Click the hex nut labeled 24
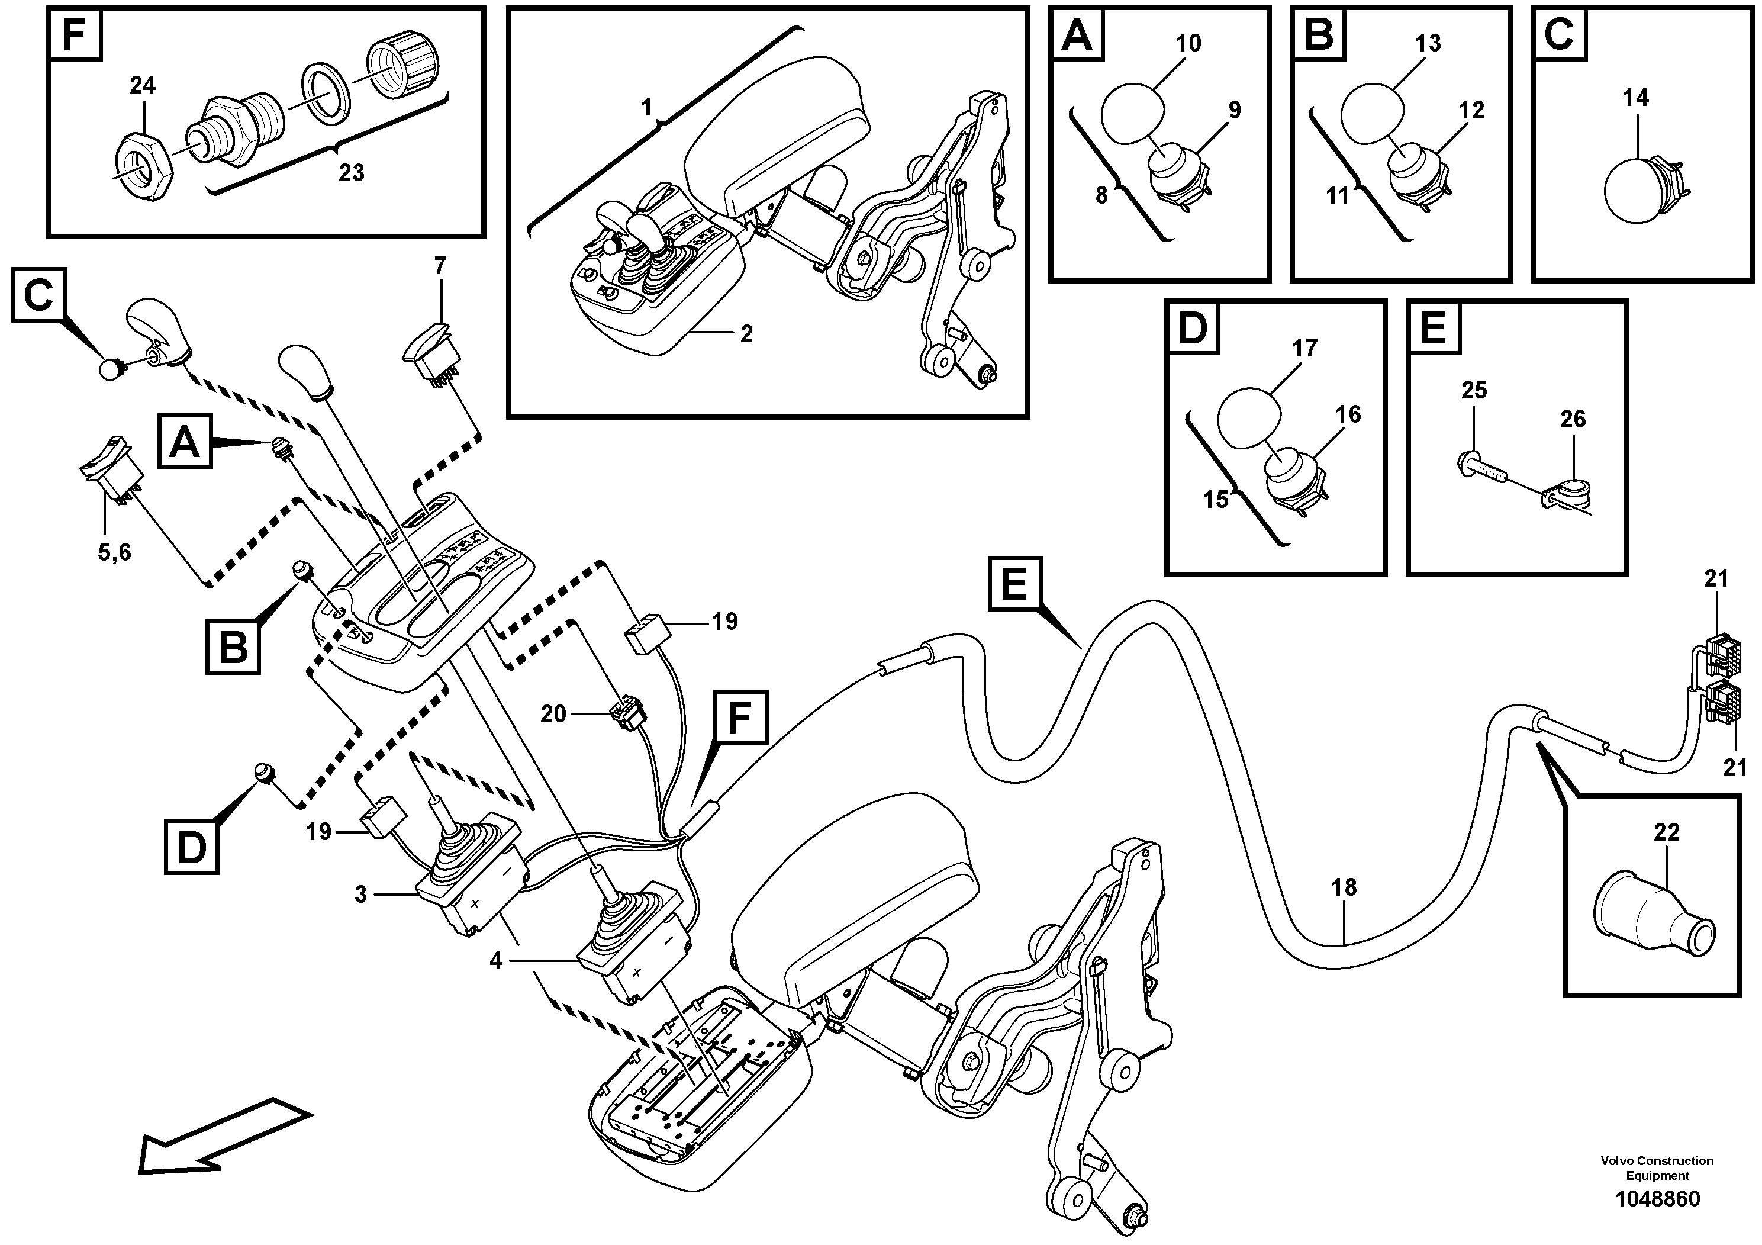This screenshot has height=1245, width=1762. [x=143, y=166]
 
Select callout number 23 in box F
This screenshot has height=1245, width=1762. [x=351, y=173]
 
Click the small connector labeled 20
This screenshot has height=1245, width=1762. [x=626, y=714]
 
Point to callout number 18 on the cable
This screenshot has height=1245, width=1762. [x=1344, y=887]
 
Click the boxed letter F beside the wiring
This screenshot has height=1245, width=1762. [x=738, y=719]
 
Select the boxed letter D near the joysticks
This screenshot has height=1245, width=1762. [x=191, y=847]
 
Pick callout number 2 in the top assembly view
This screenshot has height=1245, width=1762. [x=746, y=334]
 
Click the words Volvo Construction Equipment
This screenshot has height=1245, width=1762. [x=1656, y=1168]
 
